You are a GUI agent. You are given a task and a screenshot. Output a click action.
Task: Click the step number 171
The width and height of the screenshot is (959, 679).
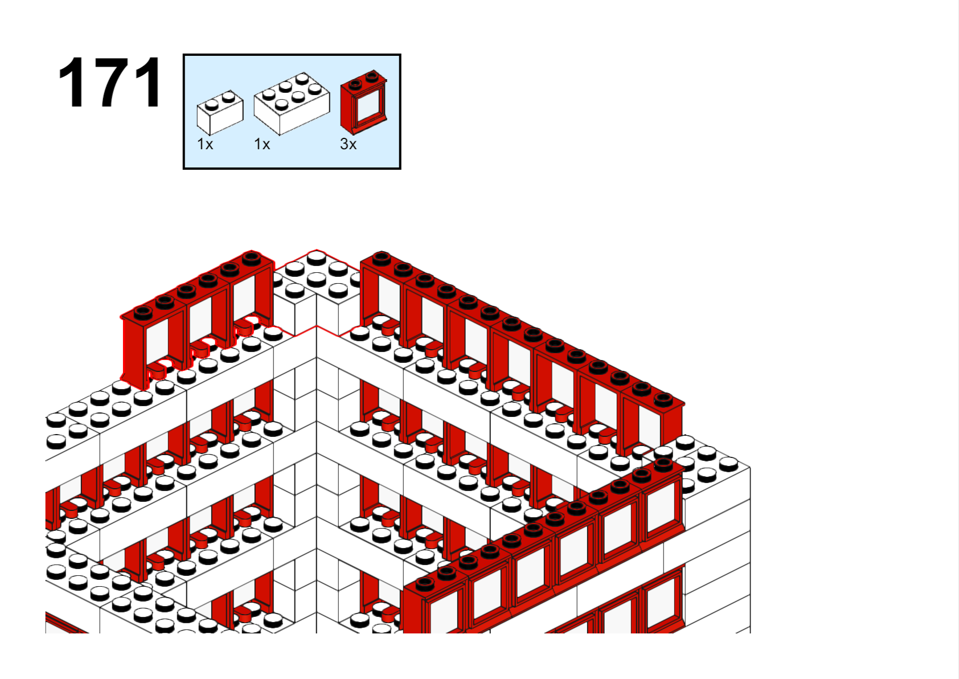(109, 82)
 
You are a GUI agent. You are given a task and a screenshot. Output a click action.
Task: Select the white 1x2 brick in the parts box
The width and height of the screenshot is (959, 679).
(220, 112)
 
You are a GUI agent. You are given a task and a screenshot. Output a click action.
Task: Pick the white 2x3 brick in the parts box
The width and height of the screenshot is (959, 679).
(292, 104)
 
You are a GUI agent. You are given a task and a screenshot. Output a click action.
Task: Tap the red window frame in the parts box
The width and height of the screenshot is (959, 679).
(364, 102)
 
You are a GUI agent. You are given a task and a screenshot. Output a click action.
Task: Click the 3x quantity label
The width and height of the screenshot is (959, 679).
(348, 144)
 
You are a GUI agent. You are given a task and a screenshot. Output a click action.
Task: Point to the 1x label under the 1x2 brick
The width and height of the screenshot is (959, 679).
(204, 144)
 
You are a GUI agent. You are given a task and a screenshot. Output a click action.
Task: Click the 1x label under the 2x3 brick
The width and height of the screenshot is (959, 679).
(262, 144)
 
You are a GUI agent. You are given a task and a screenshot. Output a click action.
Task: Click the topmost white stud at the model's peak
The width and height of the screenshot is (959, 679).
(317, 257)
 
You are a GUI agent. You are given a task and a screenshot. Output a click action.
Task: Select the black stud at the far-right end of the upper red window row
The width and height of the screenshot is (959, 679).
(663, 400)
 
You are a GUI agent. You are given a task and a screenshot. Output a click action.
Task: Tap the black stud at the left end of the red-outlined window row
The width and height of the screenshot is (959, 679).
(143, 313)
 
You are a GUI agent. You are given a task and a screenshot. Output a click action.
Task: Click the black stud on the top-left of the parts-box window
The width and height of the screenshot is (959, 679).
(355, 84)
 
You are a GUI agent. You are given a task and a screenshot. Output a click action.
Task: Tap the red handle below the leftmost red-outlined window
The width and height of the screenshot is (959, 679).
(157, 371)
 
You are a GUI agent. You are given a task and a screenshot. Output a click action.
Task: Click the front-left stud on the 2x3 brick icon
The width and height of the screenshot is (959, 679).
(281, 104)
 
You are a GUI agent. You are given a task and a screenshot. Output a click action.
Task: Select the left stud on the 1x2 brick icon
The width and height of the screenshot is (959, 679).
(211, 105)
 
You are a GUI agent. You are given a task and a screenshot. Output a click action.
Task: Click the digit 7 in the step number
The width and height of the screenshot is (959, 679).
(109, 82)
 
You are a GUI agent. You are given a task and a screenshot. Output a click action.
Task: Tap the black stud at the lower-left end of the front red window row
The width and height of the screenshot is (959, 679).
(425, 583)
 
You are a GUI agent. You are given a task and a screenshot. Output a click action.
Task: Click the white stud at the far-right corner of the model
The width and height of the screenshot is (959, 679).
(729, 463)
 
